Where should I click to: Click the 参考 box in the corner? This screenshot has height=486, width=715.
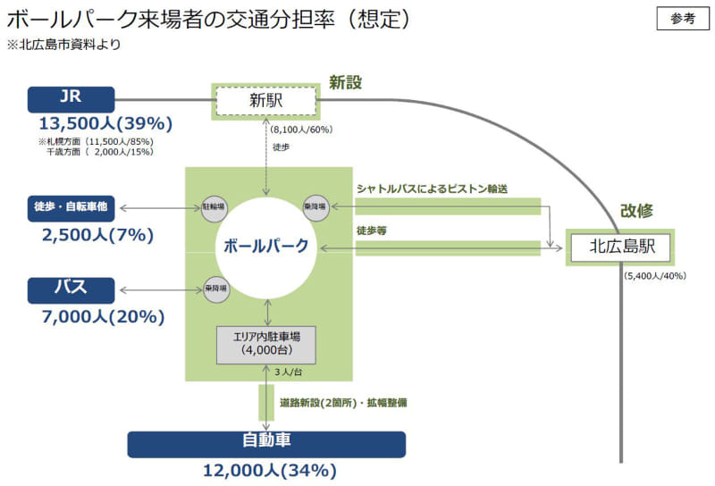pos(682,20)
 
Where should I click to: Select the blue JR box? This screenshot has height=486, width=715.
pos(71,98)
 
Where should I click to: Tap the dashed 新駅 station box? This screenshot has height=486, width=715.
pos(265,101)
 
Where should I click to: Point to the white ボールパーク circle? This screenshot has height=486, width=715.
pos(265,247)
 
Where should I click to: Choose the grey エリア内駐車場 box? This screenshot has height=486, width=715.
pos(267,344)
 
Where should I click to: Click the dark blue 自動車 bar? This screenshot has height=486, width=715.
pos(266,443)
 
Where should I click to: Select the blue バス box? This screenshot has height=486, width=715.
pos(71,289)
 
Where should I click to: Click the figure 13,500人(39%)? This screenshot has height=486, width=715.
pos(105,123)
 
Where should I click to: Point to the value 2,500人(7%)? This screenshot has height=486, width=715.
pos(97,235)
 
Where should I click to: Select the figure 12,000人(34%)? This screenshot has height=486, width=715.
pos(267,471)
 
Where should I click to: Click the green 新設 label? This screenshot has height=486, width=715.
pos(345,82)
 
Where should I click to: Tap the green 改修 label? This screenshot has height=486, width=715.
pos(636,212)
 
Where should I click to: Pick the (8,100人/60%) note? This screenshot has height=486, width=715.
pos(300,130)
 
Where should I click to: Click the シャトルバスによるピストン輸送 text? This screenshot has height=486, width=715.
pos(431,189)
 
